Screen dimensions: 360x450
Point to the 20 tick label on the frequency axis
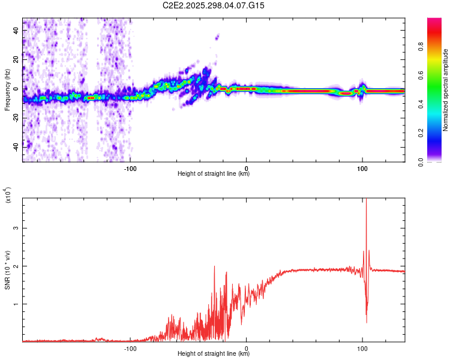(16, 59)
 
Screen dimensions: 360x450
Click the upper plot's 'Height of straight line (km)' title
(214, 174)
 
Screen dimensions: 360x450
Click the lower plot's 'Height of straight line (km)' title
(214, 353)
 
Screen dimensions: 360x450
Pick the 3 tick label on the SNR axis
(16, 228)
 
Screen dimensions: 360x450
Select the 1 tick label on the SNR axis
(16, 304)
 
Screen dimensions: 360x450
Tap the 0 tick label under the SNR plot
(247, 348)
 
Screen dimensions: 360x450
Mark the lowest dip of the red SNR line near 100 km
(366, 323)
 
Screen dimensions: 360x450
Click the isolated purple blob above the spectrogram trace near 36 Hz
(217, 37)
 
